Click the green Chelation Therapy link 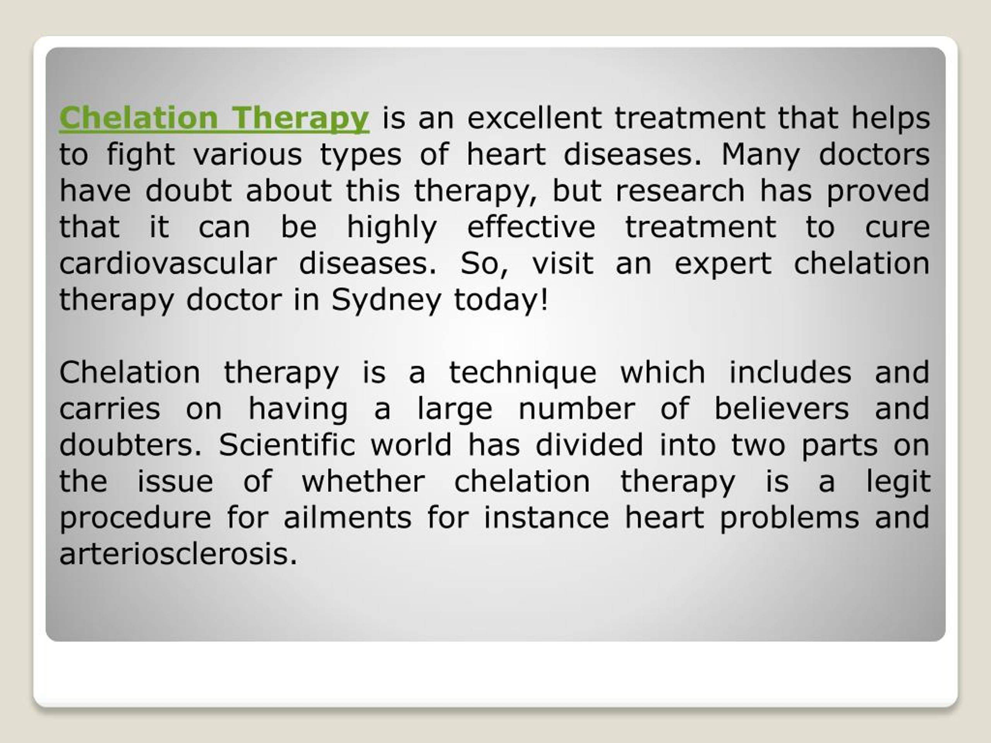(214, 118)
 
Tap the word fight (141, 155)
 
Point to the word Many (760, 155)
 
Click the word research (680, 191)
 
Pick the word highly (392, 228)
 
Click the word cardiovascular (168, 264)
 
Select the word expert (723, 264)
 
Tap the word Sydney (386, 300)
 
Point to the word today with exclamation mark (501, 300)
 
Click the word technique (522, 373)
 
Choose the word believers (781, 409)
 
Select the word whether (363, 481)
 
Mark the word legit (898, 482)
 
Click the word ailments (347, 518)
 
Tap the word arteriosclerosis (178, 554)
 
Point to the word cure (897, 228)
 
